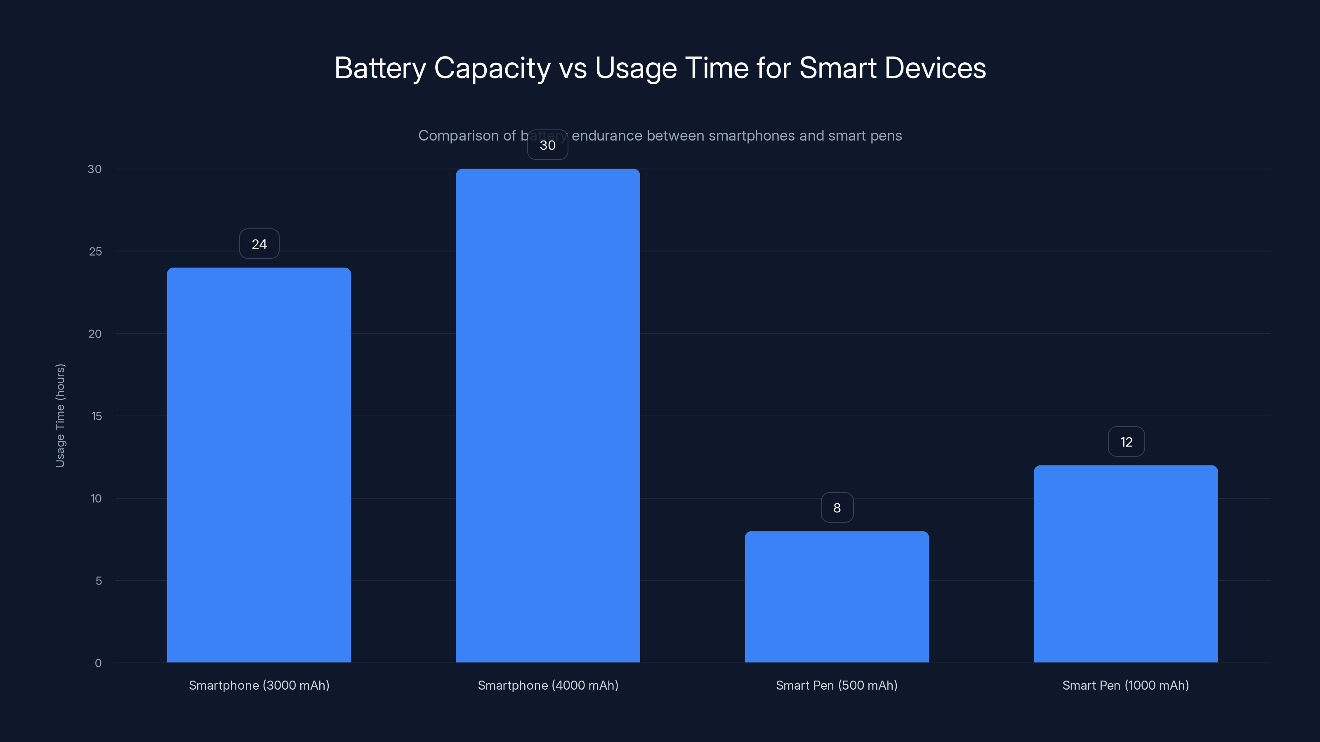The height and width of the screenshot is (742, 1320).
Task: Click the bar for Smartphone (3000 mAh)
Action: pyautogui.click(x=259, y=465)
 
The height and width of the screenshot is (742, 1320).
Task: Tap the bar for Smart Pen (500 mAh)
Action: pyautogui.click(x=837, y=596)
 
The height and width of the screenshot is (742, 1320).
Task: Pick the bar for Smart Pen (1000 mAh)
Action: pyautogui.click(x=1126, y=564)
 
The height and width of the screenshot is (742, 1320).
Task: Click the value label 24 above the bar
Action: pyautogui.click(x=259, y=244)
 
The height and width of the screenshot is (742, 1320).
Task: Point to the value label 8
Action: pyautogui.click(x=837, y=507)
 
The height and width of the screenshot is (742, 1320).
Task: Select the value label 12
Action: pyautogui.click(x=1126, y=442)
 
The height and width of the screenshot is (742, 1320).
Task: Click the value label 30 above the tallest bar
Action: pyautogui.click(x=548, y=145)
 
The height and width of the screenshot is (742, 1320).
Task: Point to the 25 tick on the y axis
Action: pyautogui.click(x=95, y=251)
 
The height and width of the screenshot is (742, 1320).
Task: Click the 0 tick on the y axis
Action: pyautogui.click(x=98, y=663)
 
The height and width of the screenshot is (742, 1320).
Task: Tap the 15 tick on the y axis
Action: pyautogui.click(x=97, y=416)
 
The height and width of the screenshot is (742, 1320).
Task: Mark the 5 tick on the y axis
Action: pyautogui.click(x=99, y=581)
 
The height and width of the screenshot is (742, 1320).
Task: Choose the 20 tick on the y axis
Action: pyautogui.click(x=95, y=334)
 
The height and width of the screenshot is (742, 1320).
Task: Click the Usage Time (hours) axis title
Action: pyautogui.click(x=60, y=415)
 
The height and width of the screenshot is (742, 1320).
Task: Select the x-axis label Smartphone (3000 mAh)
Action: pyautogui.click(x=259, y=685)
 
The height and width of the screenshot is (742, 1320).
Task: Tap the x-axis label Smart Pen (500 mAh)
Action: pyautogui.click(x=836, y=685)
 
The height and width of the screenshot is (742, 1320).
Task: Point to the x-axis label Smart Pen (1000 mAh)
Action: pyautogui.click(x=1125, y=685)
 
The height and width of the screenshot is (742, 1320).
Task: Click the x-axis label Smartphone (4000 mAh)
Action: pyautogui.click(x=548, y=685)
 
